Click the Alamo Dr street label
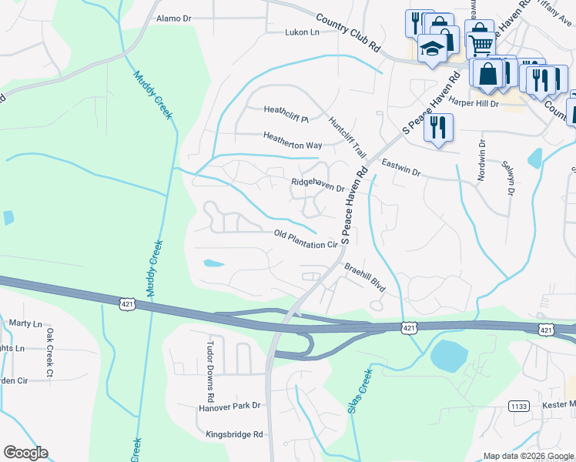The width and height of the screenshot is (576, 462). click(173, 18)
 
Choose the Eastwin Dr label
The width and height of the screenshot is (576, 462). click(400, 169)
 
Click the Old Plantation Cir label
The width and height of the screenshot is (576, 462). click(306, 239)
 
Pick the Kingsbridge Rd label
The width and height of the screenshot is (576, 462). click(234, 434)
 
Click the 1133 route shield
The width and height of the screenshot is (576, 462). click(517, 405)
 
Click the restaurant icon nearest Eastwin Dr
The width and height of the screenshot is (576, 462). click(438, 127)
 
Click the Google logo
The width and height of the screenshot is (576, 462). click(25, 453)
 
